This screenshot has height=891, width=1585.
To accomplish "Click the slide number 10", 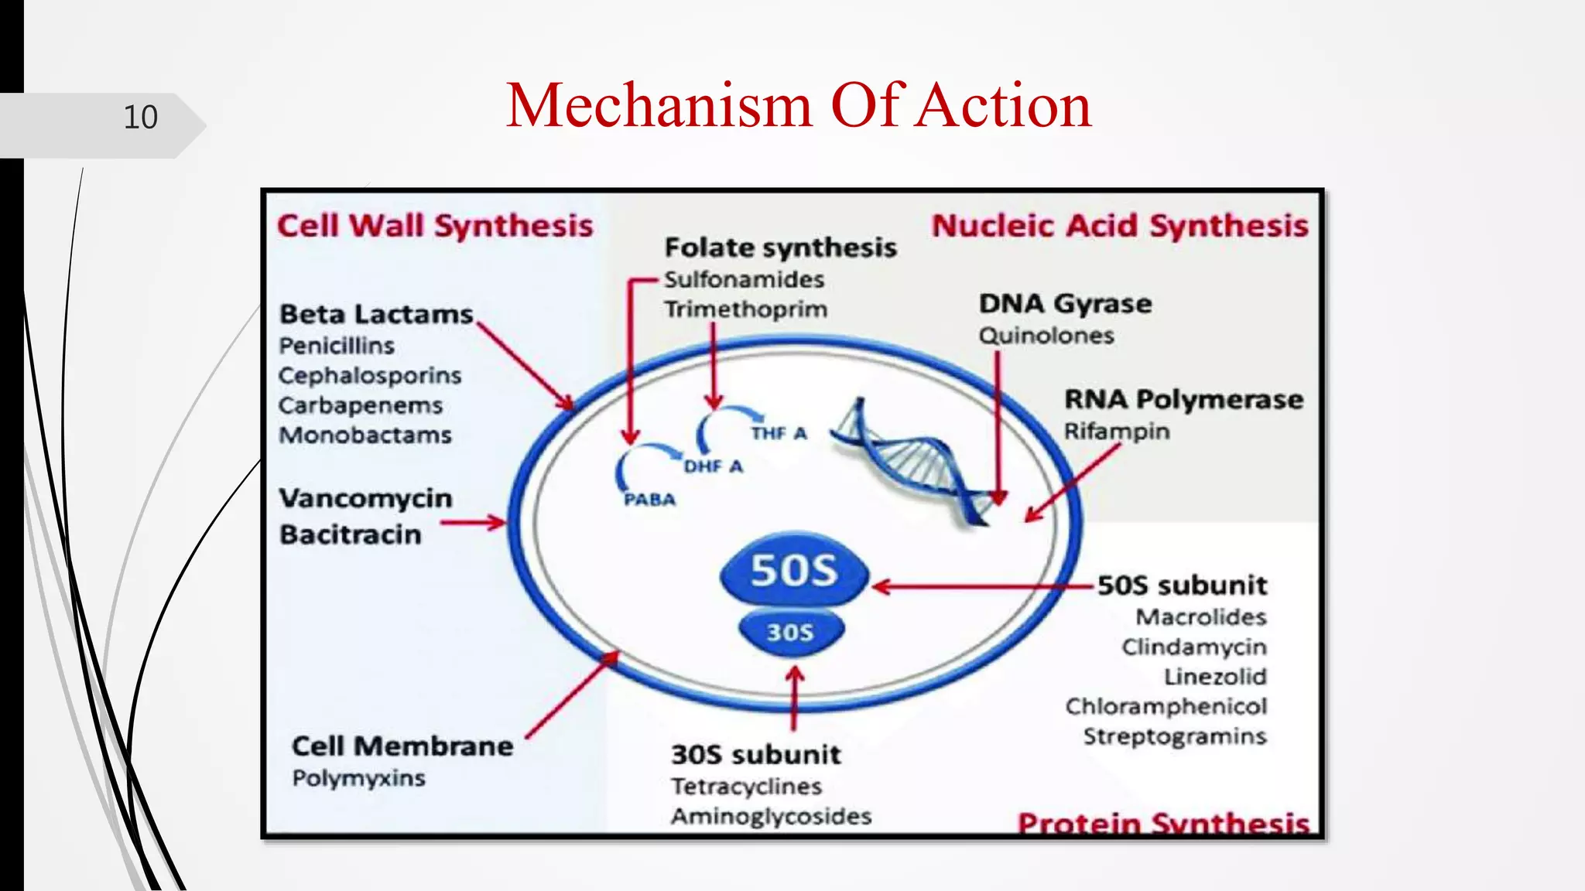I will pyautogui.click(x=140, y=118).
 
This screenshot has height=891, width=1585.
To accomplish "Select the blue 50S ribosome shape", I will pyautogui.click(x=794, y=570).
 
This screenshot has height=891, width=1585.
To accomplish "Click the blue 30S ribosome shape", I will pyautogui.click(x=790, y=632).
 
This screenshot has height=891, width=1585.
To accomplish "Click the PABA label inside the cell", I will pyautogui.click(x=649, y=500).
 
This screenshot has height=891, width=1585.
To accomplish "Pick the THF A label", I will pyautogui.click(x=779, y=433).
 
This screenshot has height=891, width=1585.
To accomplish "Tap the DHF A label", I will pyautogui.click(x=713, y=466).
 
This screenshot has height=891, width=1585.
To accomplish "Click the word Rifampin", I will pyautogui.click(x=1116, y=431).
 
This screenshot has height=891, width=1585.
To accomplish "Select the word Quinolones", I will pyautogui.click(x=1046, y=336).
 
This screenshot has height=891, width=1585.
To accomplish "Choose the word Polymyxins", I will pyautogui.click(x=358, y=778).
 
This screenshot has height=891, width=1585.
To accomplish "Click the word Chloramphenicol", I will pyautogui.click(x=1166, y=706).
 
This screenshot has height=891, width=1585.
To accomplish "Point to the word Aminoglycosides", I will pyautogui.click(x=771, y=816).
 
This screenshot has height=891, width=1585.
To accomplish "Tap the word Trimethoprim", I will pyautogui.click(x=745, y=309).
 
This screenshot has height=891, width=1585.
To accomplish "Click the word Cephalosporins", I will pyautogui.click(x=370, y=375).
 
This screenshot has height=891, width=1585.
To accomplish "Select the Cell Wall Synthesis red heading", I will pyautogui.click(x=435, y=226).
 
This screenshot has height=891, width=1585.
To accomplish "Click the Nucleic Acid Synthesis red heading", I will pyautogui.click(x=1119, y=226).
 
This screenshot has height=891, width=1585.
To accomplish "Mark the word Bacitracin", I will pyautogui.click(x=351, y=534).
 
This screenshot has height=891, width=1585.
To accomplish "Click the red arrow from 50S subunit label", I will pyautogui.click(x=983, y=587).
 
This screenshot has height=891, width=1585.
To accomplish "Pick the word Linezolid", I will pyautogui.click(x=1215, y=677).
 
